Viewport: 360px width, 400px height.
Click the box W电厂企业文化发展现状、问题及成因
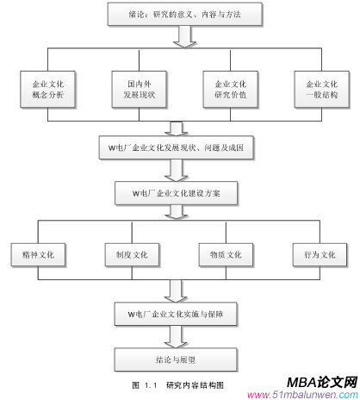(x=176, y=147)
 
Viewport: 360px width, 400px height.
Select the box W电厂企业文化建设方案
(x=176, y=193)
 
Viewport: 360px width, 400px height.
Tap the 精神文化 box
(x=41, y=255)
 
